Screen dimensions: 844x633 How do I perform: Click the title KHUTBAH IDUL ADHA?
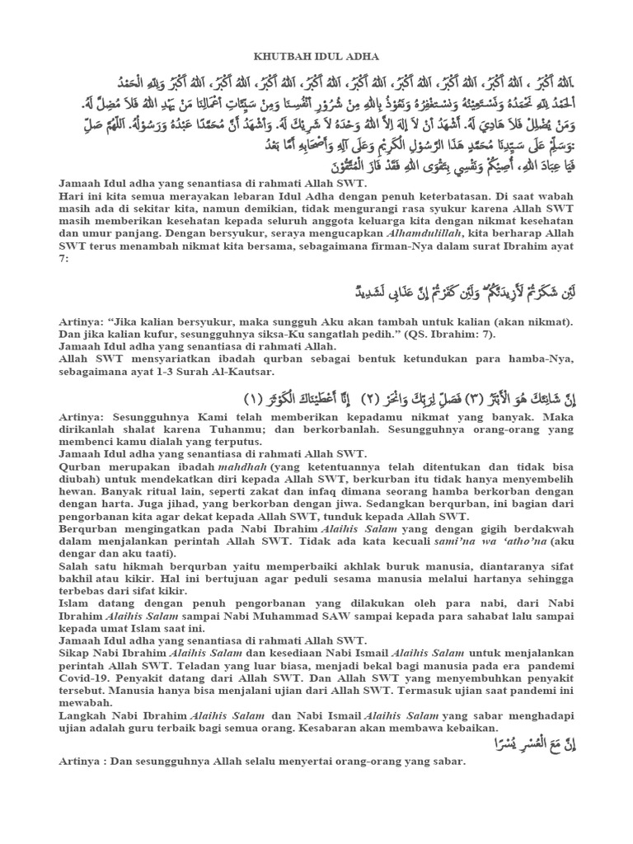point(316,56)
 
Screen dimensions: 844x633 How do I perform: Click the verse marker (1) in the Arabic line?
point(254,399)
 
